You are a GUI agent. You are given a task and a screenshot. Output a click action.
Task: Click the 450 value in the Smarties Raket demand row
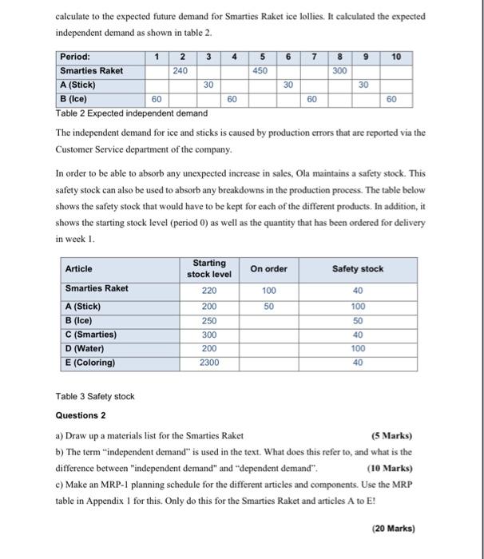pos(260,70)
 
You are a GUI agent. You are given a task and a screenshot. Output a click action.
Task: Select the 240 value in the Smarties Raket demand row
pos(182,70)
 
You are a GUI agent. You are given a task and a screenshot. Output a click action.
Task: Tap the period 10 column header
pos(396,57)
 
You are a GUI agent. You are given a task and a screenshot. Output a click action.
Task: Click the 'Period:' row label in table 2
pos(75,57)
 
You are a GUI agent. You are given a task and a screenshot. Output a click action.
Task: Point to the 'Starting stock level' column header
pos(208,268)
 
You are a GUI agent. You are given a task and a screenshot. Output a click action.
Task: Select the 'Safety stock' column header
pos(357,268)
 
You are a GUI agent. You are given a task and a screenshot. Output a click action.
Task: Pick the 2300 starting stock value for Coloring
pos(208,363)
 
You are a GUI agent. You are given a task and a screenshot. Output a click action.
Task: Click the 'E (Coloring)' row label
pos(90,363)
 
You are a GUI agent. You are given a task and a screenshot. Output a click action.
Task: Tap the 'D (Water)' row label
pos(85,348)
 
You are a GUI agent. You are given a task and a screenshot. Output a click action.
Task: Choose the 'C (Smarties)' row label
pos(90,335)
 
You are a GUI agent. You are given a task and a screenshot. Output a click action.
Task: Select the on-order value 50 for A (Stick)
pos(269,307)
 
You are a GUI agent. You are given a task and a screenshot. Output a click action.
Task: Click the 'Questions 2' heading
pos(81,415)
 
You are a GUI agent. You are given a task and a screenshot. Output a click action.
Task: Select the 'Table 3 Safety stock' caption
pos(95,396)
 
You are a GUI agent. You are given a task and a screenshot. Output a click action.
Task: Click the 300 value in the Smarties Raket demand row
pos(339,70)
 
